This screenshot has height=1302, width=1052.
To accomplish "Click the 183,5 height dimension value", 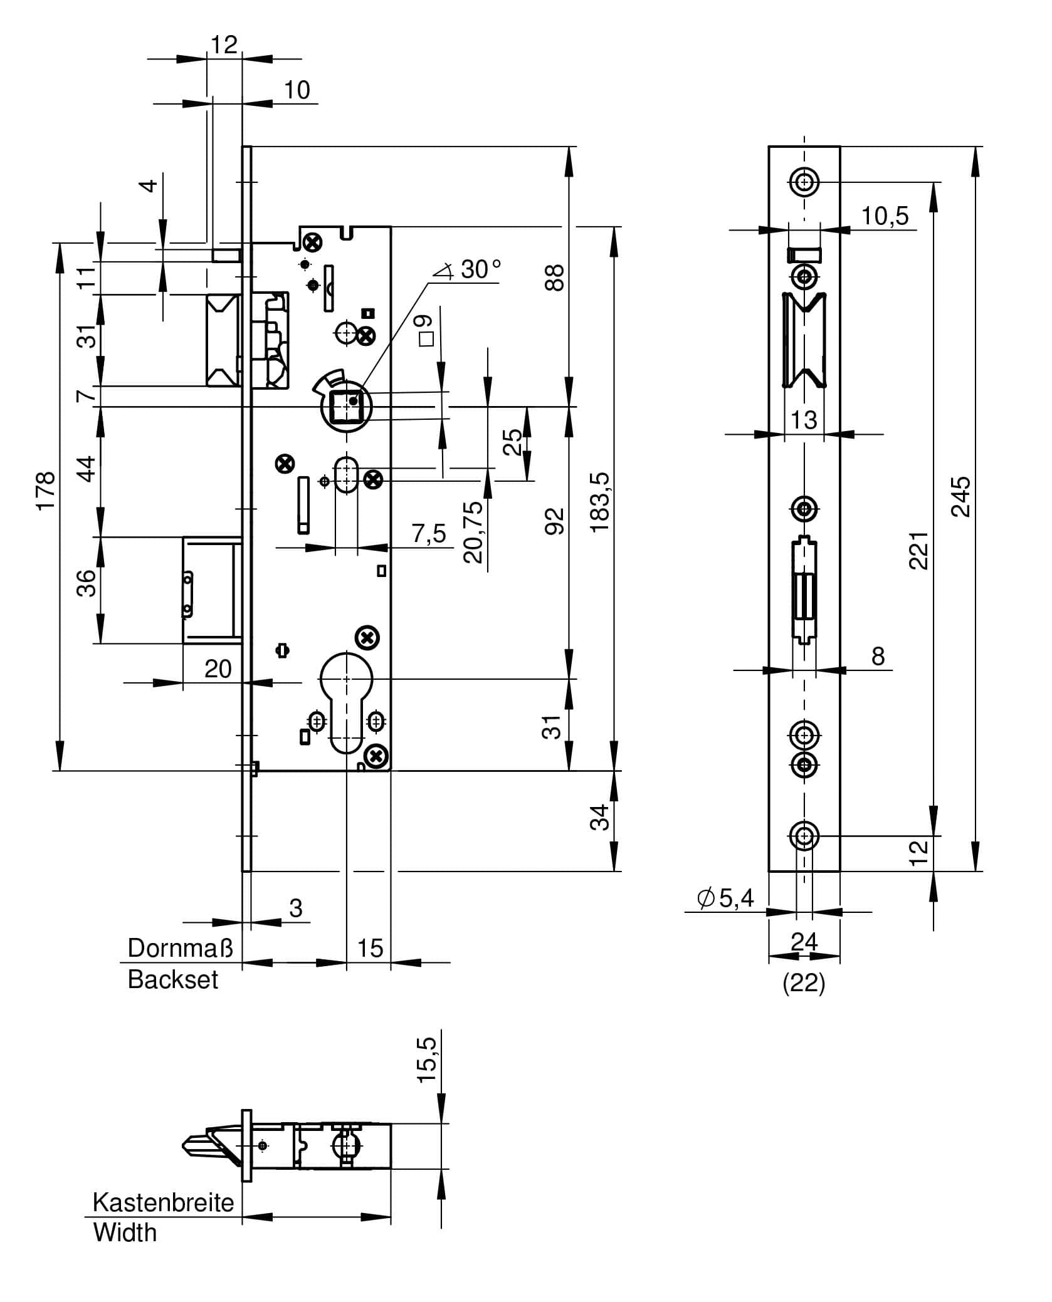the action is coord(599,503).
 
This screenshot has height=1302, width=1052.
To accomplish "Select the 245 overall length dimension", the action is coord(961,497).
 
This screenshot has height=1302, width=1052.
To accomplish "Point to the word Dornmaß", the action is coord(181,949).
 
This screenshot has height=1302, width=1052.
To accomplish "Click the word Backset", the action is coord(173,980).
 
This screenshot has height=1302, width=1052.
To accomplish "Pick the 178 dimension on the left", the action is coord(46,492).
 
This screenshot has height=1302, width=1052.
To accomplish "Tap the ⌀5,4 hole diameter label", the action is coord(725,898).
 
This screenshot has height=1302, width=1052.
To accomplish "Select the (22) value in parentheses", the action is coord(804,984).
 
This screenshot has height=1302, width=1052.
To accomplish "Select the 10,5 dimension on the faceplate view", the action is coord(885,216).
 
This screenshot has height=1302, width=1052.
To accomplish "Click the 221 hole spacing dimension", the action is coord(918,551).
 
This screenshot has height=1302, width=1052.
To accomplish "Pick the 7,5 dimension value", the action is coord(429,534).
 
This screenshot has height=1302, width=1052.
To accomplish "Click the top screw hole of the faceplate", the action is coord(804,182).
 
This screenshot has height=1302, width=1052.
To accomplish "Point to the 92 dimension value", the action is coord(554,521).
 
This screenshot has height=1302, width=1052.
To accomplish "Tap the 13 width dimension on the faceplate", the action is coord(804,420).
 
